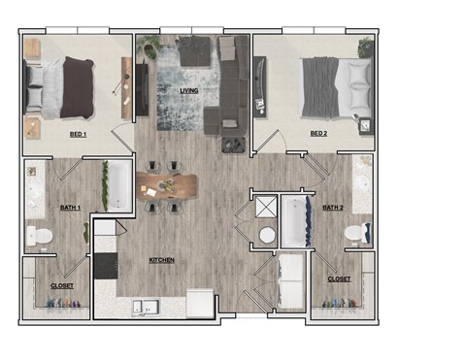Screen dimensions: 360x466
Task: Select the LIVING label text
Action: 189,91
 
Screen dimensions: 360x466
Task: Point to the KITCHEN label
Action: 160,260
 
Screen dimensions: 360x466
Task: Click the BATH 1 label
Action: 71,207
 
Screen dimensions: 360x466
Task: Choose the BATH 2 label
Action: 334,207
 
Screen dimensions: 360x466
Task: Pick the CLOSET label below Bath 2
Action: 339,278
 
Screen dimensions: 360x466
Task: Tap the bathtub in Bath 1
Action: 118,186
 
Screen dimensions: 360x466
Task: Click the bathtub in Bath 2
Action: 293,221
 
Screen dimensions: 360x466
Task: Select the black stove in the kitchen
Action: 104,265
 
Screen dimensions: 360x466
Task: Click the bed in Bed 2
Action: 336,85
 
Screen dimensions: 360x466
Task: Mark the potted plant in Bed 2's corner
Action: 365,48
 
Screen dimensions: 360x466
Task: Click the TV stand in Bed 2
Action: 259,86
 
